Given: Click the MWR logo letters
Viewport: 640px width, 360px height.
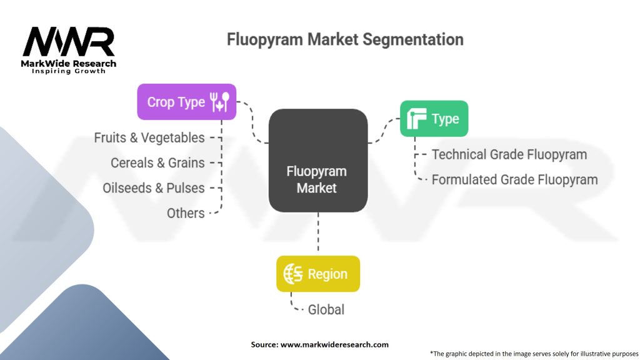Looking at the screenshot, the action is click(69, 42).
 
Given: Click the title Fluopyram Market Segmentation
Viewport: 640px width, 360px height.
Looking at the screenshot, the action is click(345, 40).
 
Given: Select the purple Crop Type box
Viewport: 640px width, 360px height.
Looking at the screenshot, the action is click(186, 102).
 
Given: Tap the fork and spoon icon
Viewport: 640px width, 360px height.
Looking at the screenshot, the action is click(221, 102).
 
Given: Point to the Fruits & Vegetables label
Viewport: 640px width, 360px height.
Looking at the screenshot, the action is click(149, 137).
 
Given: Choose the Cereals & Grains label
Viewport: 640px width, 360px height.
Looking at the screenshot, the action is click(157, 162).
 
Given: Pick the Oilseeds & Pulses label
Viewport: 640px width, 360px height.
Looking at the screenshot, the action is click(154, 187).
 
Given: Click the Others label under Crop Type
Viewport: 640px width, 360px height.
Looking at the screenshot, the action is click(186, 213).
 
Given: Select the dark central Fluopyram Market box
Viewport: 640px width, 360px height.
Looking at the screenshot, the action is click(317, 161).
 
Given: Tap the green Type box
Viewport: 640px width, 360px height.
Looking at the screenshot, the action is click(433, 119).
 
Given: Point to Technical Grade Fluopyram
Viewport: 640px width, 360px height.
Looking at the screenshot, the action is click(509, 154).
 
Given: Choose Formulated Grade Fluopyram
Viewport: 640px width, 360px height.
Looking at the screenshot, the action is click(514, 179).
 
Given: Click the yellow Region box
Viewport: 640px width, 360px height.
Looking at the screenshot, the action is click(318, 274).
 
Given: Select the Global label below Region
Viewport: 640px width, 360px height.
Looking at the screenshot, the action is click(326, 309).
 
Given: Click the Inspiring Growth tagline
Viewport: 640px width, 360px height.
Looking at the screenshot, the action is click(69, 71).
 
